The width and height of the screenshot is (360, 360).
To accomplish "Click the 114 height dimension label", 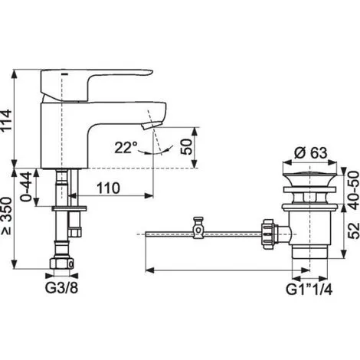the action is [x=6, y=120].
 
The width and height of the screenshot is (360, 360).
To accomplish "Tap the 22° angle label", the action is [x=126, y=147].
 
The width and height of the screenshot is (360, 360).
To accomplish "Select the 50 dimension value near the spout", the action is [x=186, y=146].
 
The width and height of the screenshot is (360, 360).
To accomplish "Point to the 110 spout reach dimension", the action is [x=108, y=188].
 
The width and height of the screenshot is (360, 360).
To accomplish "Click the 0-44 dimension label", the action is [x=26, y=187].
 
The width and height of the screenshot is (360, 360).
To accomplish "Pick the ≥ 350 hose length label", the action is [x=6, y=216].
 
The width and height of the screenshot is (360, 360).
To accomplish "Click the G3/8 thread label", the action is [x=61, y=288].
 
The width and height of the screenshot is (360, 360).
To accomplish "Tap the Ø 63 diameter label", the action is [x=310, y=153].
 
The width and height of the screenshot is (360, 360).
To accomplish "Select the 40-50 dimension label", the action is [x=354, y=191].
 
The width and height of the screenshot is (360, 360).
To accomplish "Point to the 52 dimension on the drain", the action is [x=354, y=231].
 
